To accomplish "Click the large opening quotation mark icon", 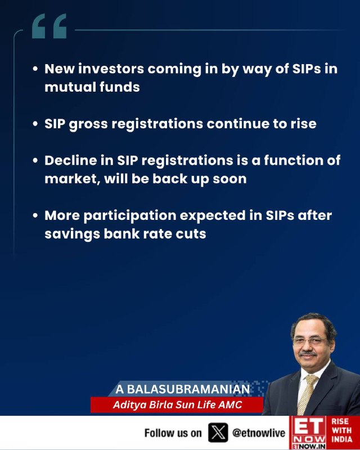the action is click(x=49, y=26).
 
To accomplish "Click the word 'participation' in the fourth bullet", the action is click(x=130, y=216).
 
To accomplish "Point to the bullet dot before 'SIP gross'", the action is click(x=35, y=124).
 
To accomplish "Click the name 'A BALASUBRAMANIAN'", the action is click(x=183, y=389).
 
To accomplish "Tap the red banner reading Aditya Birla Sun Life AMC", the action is click(x=177, y=404).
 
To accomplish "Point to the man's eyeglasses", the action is click(x=310, y=341).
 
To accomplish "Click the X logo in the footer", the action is click(x=218, y=433).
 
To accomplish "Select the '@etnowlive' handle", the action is click(x=259, y=433).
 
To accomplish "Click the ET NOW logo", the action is click(x=308, y=433).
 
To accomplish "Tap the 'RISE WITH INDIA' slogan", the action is click(x=341, y=430).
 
